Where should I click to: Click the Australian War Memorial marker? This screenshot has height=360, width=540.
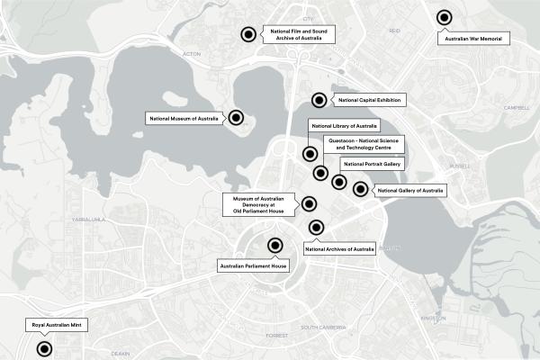pyautogui.click(x=444, y=17)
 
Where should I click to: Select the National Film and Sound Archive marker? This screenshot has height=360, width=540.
pyautogui.click(x=247, y=35)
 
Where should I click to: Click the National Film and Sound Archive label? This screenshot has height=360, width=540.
pyautogui.click(x=295, y=35)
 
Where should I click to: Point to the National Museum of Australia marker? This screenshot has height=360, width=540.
pyautogui.click(x=236, y=117)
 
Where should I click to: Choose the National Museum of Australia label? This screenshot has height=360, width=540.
pyautogui.click(x=184, y=117)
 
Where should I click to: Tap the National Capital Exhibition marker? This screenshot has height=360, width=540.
pyautogui.click(x=319, y=100)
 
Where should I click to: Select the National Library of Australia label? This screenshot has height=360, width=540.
pyautogui.click(x=343, y=125)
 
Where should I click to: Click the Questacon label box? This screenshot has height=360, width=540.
pyautogui.click(x=363, y=144)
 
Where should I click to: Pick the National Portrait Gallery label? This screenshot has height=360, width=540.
pyautogui.click(x=371, y=165)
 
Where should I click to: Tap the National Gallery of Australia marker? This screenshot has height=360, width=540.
pyautogui.click(x=360, y=189)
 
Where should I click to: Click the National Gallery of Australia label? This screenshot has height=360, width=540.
pyautogui.click(x=409, y=191)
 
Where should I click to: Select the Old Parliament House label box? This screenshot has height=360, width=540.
pyautogui.click(x=257, y=204)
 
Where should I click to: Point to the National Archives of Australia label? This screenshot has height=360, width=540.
pyautogui.click(x=340, y=249)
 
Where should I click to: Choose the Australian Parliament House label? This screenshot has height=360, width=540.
pyautogui.click(x=253, y=266)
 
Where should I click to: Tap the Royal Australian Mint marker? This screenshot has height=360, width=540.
pyautogui.click(x=43, y=349)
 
